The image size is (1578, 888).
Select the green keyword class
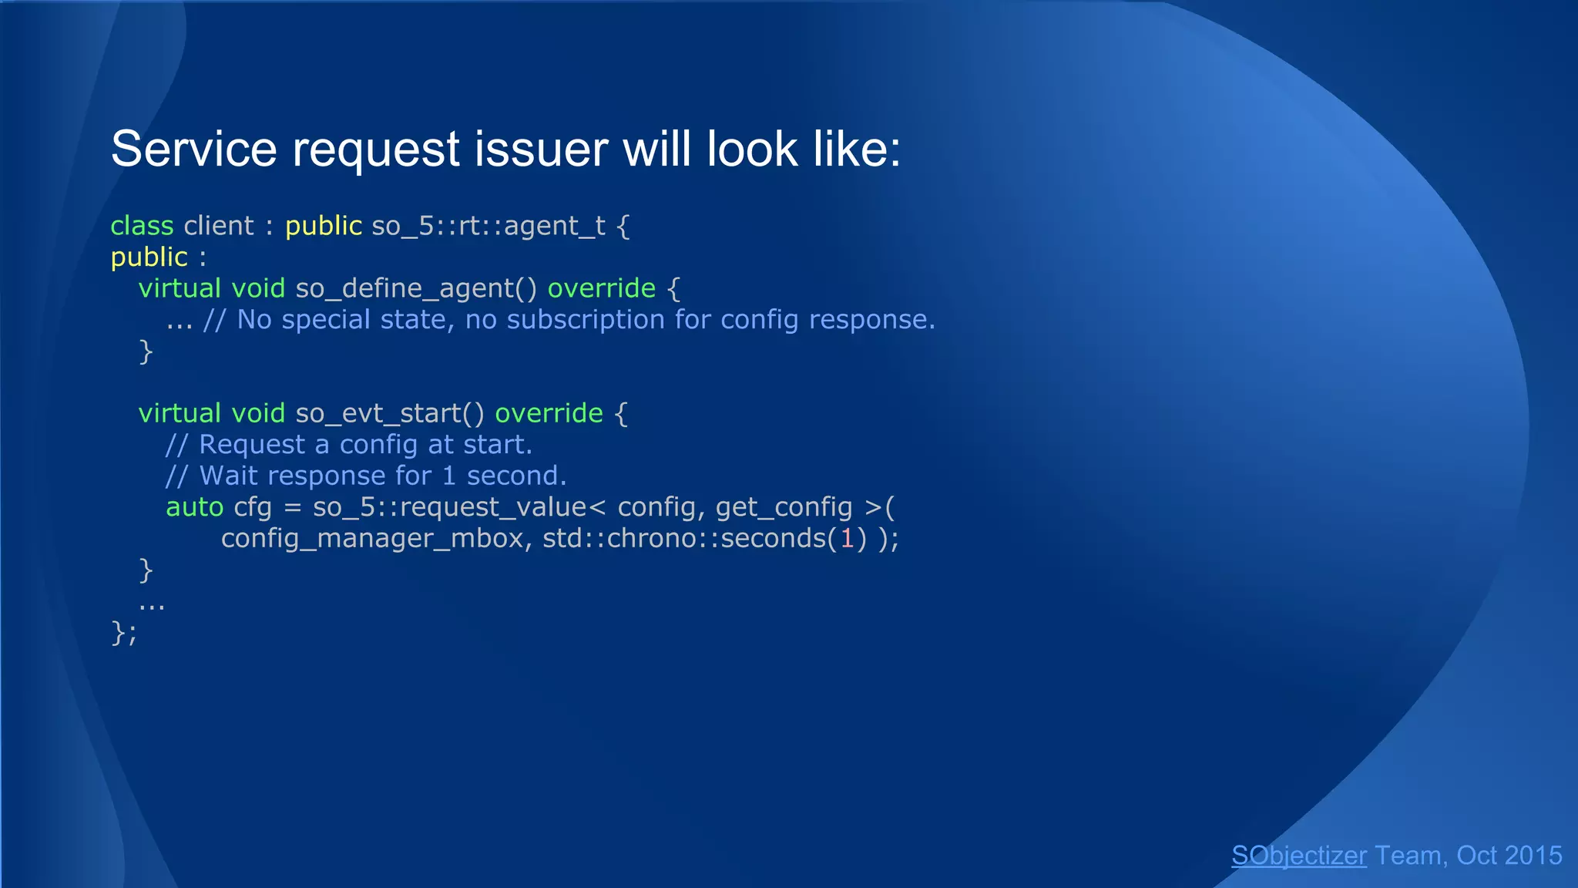click(142, 225)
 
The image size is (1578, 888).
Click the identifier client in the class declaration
click(218, 225)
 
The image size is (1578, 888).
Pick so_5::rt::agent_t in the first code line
click(489, 225)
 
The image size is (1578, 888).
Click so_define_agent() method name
click(416, 288)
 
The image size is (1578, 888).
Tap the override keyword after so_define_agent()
click(601, 288)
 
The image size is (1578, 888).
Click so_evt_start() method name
click(390, 413)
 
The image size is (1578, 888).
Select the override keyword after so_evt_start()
click(549, 413)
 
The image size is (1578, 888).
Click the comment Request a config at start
click(364, 445)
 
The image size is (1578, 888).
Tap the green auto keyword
click(194, 507)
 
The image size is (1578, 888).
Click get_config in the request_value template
click(784, 507)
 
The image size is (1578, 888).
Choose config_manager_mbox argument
click(372, 538)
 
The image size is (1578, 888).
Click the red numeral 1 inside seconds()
click(847, 538)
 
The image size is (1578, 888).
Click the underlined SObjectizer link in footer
click(1298, 856)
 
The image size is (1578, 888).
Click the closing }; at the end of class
click(123, 633)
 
